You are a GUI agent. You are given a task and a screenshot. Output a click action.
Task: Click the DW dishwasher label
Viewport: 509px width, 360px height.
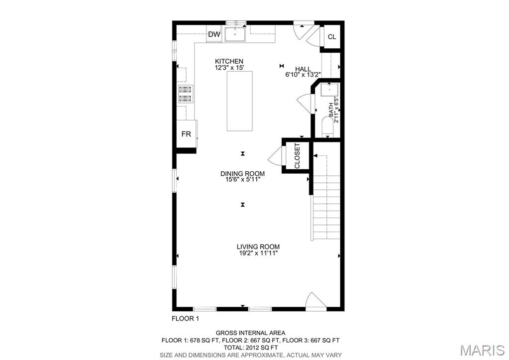point(214,34)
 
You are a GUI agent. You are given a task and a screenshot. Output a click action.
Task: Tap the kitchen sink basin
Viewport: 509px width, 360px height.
point(235,34)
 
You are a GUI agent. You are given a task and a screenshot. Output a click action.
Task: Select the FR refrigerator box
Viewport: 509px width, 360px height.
point(187,133)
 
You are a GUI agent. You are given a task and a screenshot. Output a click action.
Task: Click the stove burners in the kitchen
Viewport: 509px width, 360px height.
point(186,94)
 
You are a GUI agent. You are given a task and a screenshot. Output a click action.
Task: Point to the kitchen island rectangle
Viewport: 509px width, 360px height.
point(239,101)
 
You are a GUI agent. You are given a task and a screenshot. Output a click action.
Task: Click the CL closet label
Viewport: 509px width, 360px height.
point(332,37)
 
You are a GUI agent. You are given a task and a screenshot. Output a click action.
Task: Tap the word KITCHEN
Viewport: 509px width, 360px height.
point(229,61)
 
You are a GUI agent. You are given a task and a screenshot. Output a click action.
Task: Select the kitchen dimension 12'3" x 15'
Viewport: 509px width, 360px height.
point(229,68)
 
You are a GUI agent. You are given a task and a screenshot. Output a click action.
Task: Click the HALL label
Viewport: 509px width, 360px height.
point(303,69)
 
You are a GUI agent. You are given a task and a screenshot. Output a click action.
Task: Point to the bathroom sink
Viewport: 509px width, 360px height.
point(330,90)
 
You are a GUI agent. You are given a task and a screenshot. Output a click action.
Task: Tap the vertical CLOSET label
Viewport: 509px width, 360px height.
point(297,156)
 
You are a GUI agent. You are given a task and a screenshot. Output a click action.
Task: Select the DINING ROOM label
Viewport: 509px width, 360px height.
point(242,173)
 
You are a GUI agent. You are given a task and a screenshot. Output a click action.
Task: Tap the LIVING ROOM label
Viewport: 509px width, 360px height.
point(258,246)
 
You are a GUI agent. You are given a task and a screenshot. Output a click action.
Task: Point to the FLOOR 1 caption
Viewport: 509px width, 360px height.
point(185,319)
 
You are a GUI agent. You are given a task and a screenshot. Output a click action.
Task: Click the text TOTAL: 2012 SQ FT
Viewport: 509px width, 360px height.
point(251,348)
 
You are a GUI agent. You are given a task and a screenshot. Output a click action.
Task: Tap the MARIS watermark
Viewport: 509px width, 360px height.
point(483,350)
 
